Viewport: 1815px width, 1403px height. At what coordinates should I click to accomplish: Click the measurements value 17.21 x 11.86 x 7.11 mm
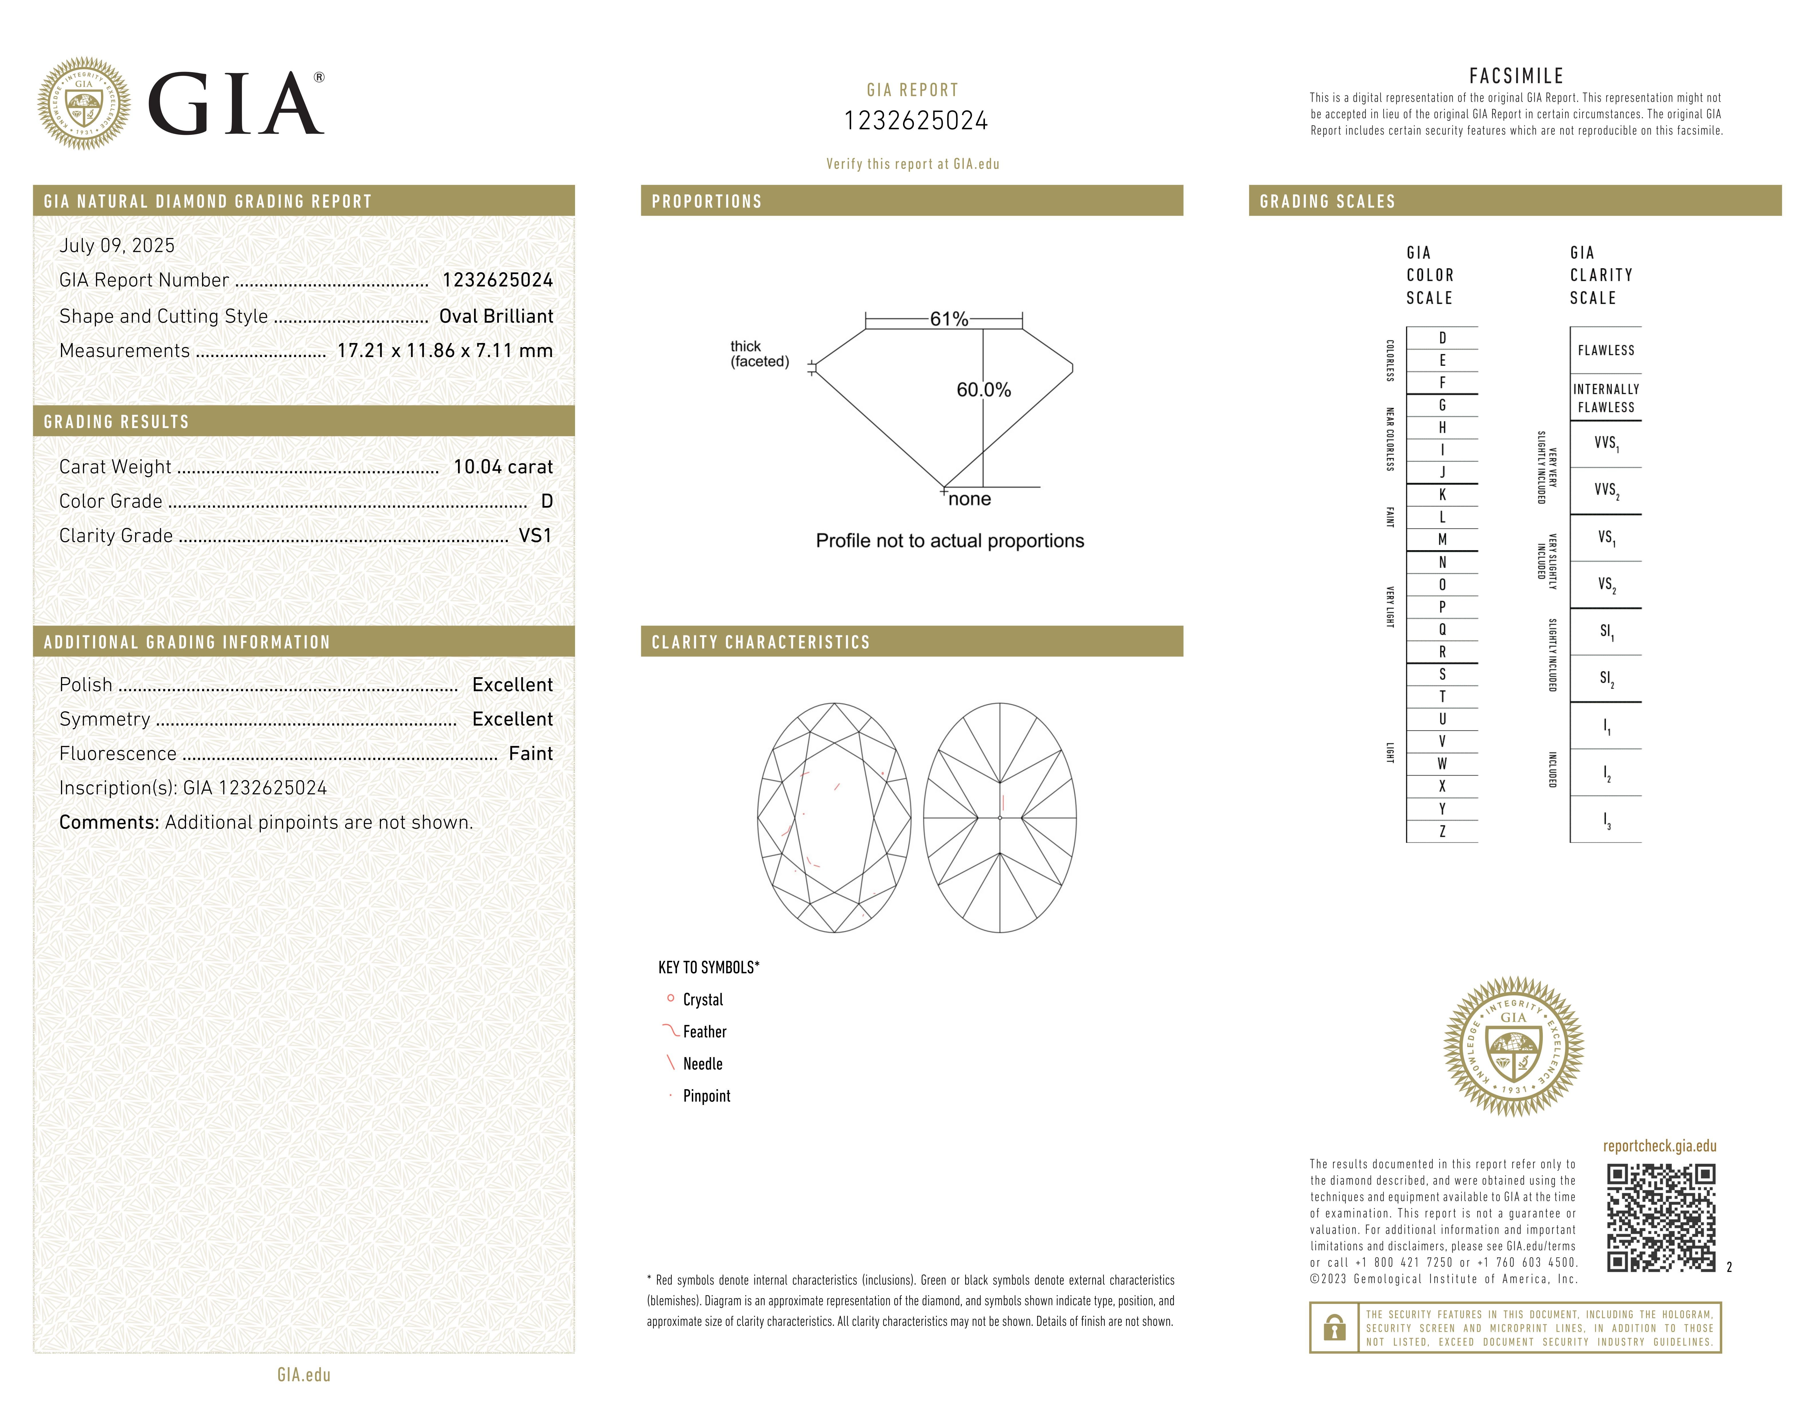point(445,351)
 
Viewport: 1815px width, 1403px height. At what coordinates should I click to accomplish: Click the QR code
point(1660,1218)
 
